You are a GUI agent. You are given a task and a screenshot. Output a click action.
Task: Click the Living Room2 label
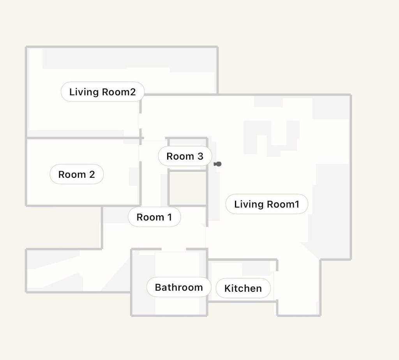tap(102, 92)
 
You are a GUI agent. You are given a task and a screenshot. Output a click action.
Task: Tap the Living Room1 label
tap(267, 204)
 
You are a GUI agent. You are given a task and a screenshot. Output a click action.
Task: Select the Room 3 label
tap(185, 156)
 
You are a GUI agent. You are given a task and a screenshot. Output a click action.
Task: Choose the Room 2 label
tap(77, 174)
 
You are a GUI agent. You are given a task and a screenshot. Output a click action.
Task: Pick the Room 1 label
tap(154, 217)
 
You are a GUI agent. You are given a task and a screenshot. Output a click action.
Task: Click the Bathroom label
tap(179, 287)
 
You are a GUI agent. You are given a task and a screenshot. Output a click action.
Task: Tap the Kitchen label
tap(243, 288)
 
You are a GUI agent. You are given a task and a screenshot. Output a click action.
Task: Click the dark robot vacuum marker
tap(217, 164)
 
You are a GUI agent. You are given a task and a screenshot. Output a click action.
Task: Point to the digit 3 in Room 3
tap(201, 156)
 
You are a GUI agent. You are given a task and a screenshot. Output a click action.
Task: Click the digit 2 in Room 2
tap(92, 174)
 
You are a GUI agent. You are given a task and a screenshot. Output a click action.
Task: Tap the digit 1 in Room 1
tap(169, 217)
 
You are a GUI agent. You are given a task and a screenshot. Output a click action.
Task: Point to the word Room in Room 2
tap(72, 174)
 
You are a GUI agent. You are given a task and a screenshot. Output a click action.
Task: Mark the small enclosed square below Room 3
tap(187, 188)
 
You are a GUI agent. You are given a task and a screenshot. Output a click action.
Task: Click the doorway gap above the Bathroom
tap(173, 249)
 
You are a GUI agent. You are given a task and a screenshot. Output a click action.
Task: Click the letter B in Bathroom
tap(158, 287)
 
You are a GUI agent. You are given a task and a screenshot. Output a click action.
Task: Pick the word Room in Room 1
tap(150, 217)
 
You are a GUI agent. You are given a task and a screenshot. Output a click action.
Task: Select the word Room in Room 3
tap(180, 156)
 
